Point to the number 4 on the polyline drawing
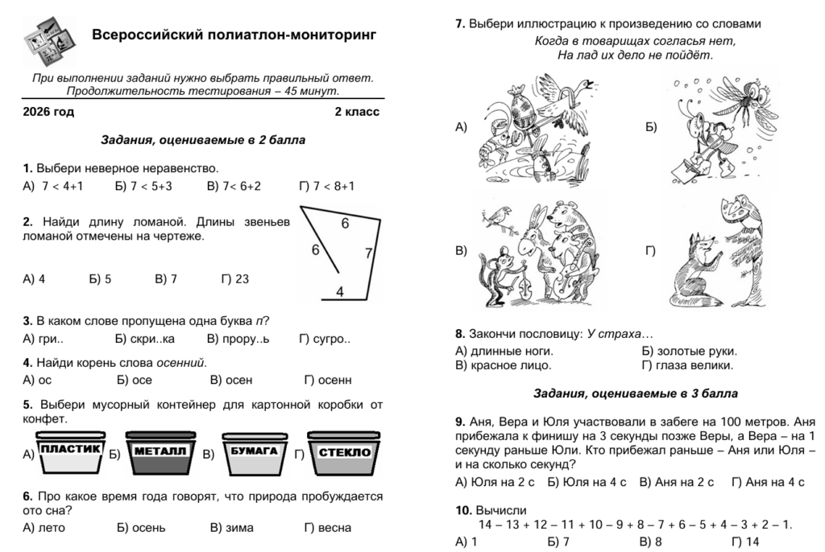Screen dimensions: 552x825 coord(340,291)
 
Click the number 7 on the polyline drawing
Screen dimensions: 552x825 coord(368,253)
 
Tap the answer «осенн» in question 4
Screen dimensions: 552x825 coord(334,380)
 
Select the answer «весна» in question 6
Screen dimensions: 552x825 coord(334,528)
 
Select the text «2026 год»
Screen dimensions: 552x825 coord(49,112)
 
